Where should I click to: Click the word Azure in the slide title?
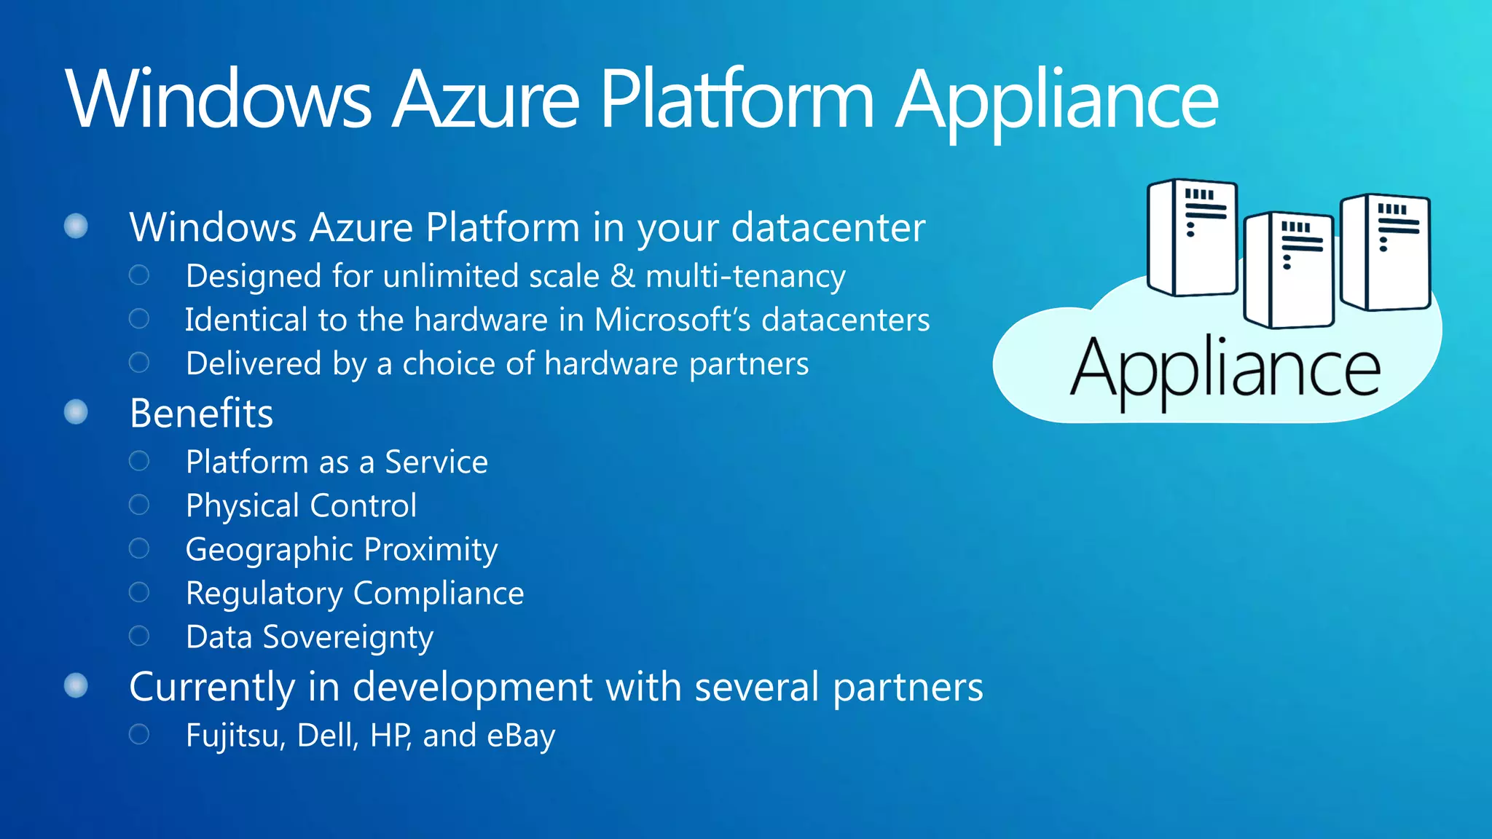(486, 100)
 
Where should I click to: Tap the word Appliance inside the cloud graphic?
(1225, 371)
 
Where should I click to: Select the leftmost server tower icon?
(1192, 237)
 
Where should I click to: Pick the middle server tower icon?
(1289, 269)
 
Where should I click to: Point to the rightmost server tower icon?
(1386, 251)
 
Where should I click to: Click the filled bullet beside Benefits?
(76, 412)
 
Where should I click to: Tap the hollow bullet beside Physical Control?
(139, 505)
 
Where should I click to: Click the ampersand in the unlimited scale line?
(623, 276)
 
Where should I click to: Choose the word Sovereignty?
(348, 637)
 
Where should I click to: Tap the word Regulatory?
(264, 594)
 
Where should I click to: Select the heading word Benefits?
(201, 413)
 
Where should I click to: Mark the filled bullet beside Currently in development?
(76, 685)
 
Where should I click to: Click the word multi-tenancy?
(745, 276)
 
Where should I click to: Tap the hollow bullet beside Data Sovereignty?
(139, 636)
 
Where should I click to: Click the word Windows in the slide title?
(219, 100)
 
